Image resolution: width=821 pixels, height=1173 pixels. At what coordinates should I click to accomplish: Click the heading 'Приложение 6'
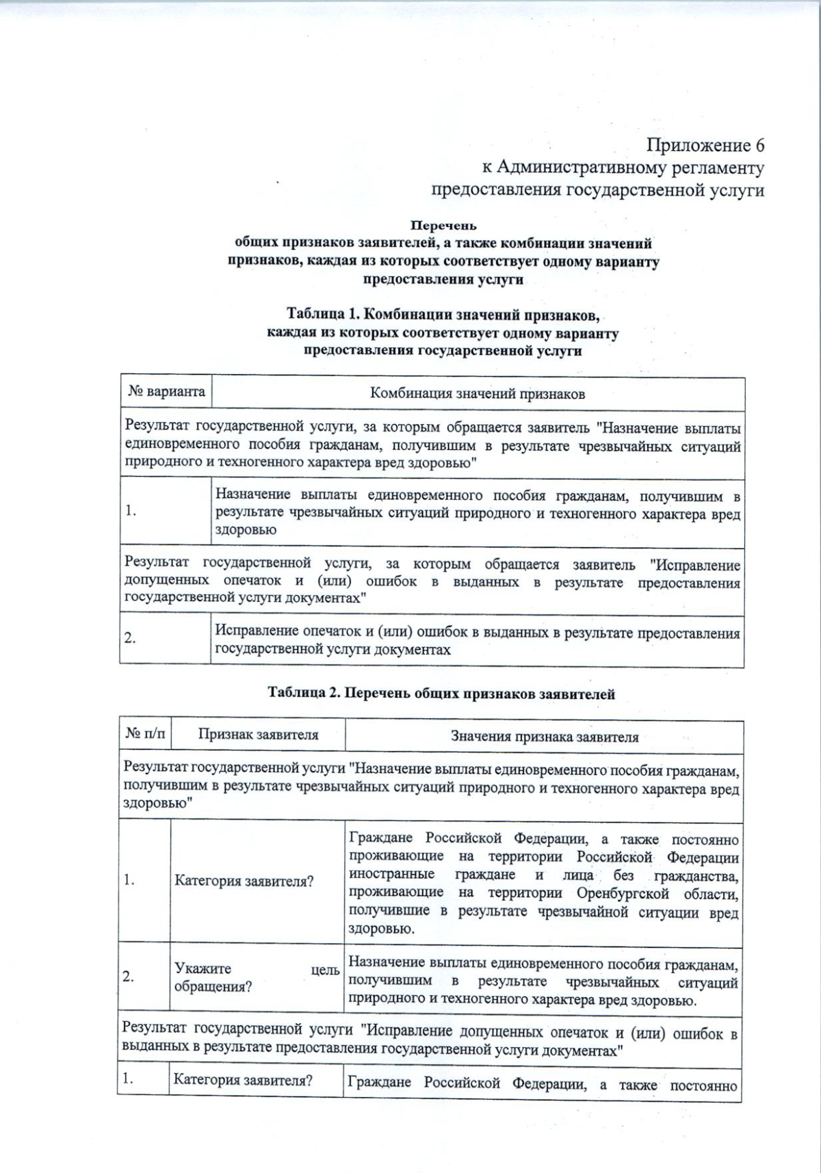coord(705,146)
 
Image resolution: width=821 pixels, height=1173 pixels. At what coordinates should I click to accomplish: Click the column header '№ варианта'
coord(166,392)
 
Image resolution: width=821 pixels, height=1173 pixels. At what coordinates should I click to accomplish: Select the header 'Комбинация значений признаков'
coord(477,393)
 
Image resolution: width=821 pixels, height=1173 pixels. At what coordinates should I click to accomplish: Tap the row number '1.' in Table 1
coord(130,511)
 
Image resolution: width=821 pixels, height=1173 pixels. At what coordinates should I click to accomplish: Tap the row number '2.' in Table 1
coord(130,638)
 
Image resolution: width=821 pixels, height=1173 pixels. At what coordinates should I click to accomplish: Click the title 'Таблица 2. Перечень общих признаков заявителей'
coord(441,694)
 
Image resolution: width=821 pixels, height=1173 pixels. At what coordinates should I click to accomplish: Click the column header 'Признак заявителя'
coord(258,735)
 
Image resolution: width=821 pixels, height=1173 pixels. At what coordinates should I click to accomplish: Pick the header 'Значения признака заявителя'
coord(544,737)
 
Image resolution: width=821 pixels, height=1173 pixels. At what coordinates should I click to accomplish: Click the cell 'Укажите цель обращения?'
coord(257,977)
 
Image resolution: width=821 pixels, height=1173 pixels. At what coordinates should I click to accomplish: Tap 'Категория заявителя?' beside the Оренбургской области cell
coord(244,881)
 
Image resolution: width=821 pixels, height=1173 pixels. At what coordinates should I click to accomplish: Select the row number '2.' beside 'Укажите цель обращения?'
coord(129,977)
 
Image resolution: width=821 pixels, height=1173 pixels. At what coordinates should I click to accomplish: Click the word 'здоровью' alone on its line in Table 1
coord(246,530)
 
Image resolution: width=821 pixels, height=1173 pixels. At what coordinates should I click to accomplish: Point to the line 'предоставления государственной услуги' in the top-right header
coord(597,189)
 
